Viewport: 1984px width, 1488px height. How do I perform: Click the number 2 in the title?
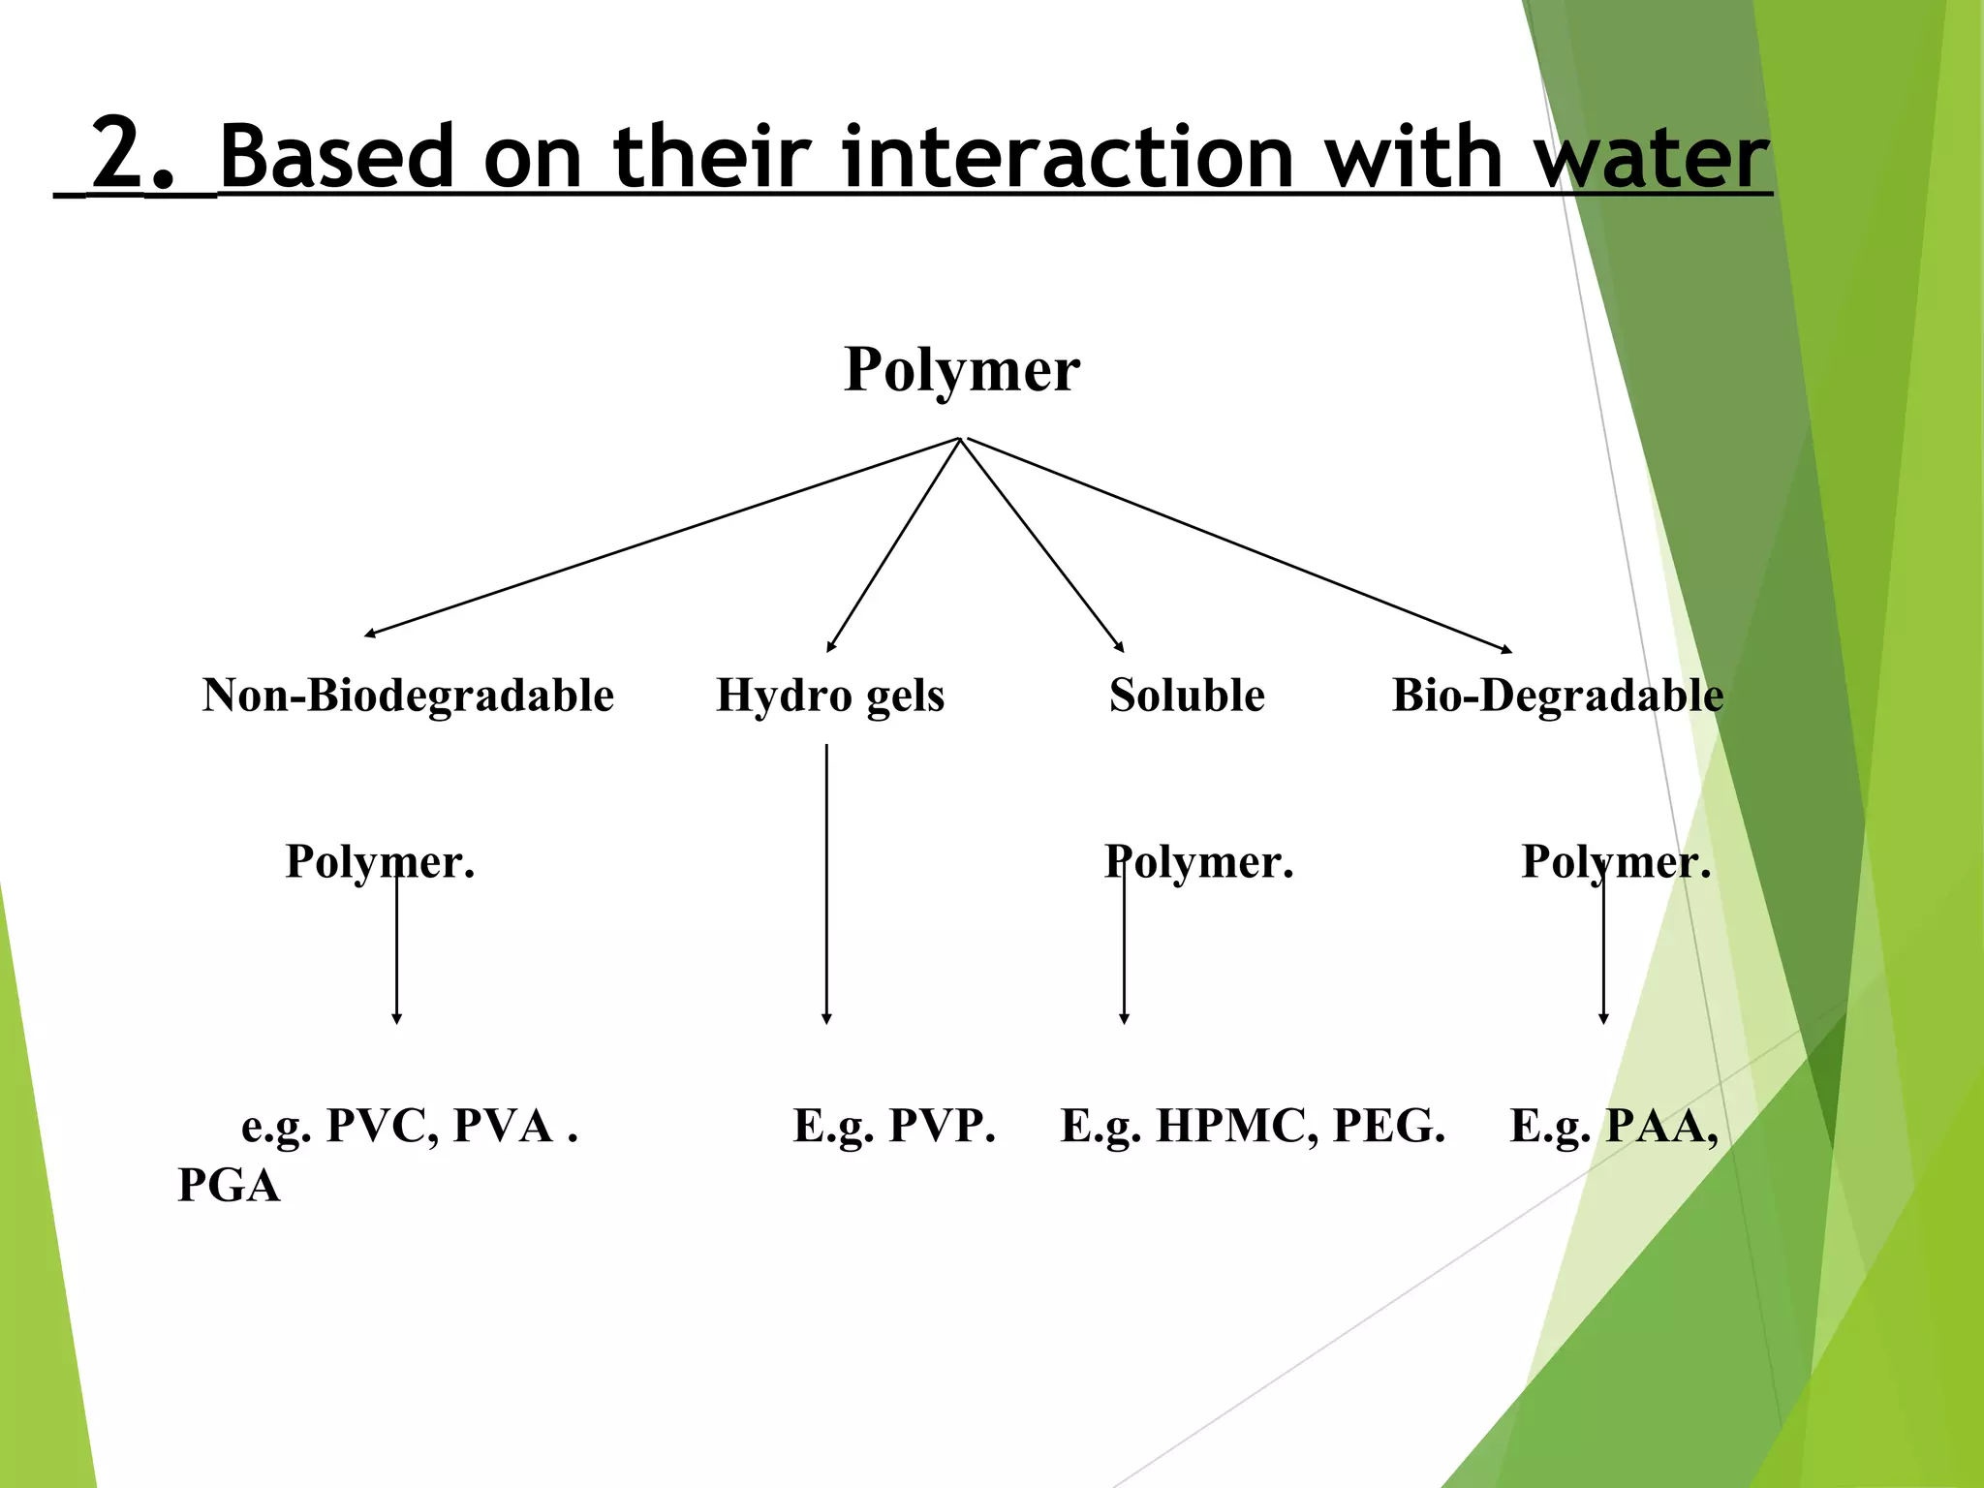point(117,155)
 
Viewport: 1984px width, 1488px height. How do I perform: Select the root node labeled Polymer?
point(961,370)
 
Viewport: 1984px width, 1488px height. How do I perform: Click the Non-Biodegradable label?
point(408,696)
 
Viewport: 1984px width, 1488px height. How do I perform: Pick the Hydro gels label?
point(830,696)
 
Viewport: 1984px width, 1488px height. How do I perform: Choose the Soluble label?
point(1187,696)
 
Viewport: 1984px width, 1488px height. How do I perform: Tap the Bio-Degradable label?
point(1558,696)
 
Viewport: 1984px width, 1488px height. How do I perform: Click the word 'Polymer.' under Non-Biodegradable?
point(380,861)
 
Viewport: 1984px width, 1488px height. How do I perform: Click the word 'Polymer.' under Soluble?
point(1198,861)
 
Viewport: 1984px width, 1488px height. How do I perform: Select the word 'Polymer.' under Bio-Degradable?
point(1616,861)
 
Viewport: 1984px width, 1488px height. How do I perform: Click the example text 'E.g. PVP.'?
point(894,1126)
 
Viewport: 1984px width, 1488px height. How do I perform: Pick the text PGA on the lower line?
point(229,1186)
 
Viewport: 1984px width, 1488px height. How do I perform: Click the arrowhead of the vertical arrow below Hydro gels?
point(826,1018)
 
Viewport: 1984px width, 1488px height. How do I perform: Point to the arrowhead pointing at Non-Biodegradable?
point(369,635)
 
